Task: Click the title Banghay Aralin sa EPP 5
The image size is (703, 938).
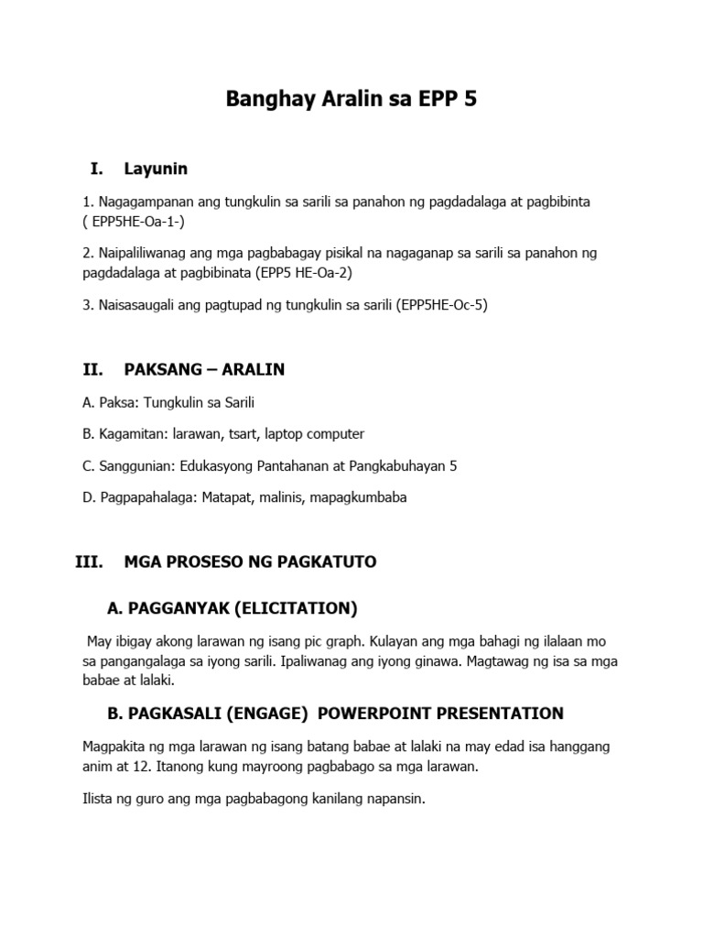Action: [x=351, y=100]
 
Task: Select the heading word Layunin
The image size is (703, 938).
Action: [x=156, y=169]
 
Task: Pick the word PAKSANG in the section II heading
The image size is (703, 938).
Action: [x=162, y=370]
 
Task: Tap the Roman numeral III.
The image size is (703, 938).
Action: [x=92, y=562]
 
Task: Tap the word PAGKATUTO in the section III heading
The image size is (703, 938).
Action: [x=330, y=562]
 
